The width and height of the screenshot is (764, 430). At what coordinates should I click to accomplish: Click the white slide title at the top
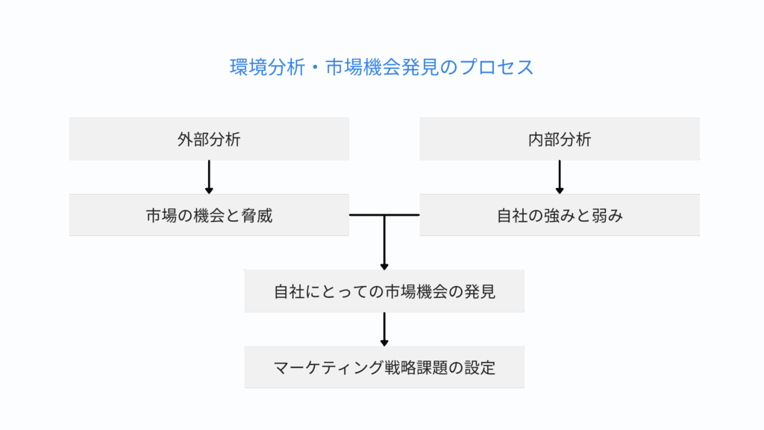381,67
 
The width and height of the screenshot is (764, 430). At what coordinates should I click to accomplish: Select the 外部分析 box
208,139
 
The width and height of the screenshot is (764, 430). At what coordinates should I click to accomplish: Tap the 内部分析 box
559,139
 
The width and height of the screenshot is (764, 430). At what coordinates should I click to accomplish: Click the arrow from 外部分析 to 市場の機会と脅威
209,177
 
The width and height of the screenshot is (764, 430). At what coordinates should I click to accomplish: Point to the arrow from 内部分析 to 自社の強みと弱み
560,177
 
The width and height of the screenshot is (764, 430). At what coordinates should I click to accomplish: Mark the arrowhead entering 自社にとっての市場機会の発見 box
384,264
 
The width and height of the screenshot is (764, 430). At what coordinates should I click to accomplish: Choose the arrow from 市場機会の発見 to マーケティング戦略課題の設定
384,328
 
